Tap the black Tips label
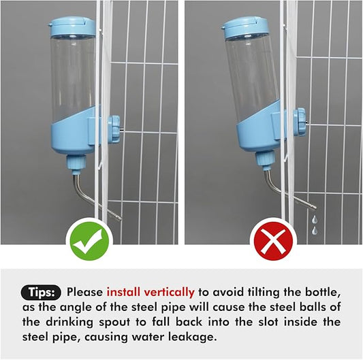tap(45, 292)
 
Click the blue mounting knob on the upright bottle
tap(113, 128)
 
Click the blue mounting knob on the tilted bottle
tap(298, 121)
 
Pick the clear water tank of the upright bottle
tap(72, 75)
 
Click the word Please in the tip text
tap(84, 292)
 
